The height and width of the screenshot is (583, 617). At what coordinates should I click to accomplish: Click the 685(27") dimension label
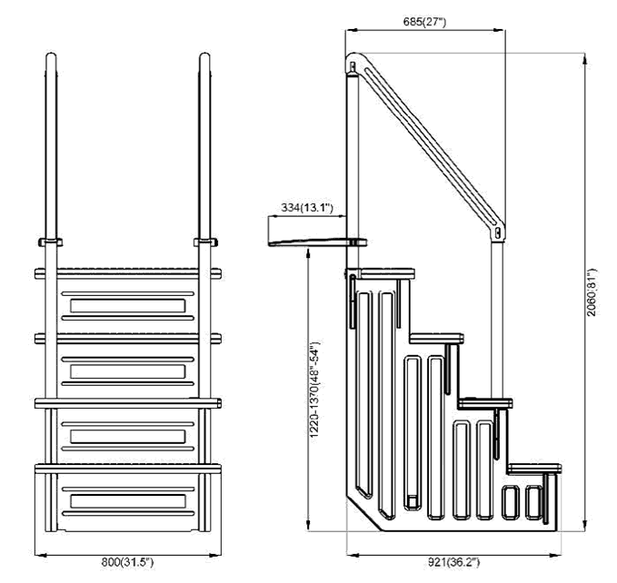tap(425, 22)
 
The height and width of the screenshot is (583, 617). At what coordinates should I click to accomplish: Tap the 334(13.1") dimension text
tap(307, 207)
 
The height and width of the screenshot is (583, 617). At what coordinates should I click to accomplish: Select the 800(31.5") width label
tap(127, 562)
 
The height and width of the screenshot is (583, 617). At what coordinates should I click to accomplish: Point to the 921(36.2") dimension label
tap(453, 562)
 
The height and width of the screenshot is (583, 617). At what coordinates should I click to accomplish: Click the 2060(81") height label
tap(592, 292)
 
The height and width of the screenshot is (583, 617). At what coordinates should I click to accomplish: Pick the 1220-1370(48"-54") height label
tap(314, 390)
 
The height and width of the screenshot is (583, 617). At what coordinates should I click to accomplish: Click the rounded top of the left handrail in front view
tap(51, 58)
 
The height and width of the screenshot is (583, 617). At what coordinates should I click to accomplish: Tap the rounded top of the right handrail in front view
tap(204, 58)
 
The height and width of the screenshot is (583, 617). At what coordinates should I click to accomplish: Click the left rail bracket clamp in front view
tap(50, 242)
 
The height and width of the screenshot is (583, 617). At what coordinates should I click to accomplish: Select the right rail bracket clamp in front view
tap(205, 242)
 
